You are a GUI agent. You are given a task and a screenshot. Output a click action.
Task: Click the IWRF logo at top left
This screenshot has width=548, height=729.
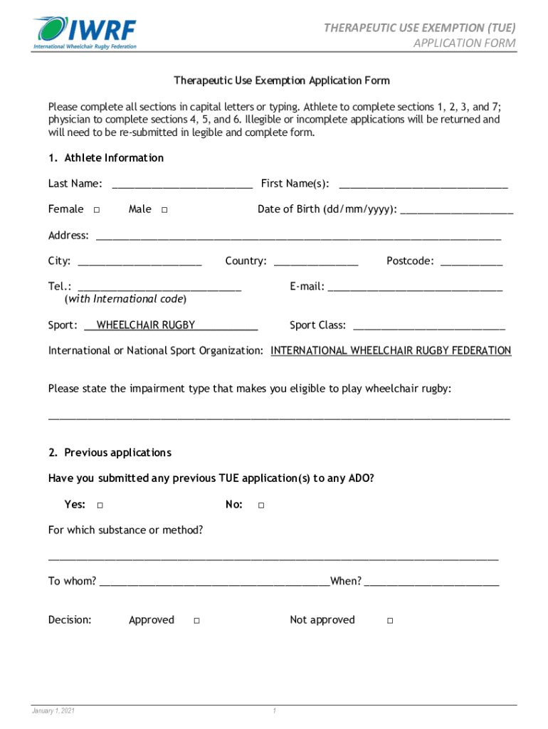[x=84, y=32]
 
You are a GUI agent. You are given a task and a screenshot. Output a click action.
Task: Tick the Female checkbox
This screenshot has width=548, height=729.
[x=96, y=210]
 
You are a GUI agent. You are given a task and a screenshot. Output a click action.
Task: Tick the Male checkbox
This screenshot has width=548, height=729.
[x=164, y=210]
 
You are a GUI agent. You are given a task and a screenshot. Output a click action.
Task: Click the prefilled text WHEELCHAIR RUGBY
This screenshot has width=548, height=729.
[x=146, y=325]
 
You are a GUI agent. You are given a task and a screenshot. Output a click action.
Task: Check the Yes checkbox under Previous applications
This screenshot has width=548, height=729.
[x=100, y=505]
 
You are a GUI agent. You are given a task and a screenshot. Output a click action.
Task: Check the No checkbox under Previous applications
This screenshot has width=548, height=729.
[x=261, y=505]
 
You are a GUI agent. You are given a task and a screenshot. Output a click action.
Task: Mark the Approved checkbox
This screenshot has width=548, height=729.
[x=196, y=621]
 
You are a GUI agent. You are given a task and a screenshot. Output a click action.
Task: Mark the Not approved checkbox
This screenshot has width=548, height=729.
[x=390, y=621]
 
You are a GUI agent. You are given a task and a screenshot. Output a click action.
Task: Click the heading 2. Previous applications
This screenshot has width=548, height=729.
[x=110, y=453]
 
